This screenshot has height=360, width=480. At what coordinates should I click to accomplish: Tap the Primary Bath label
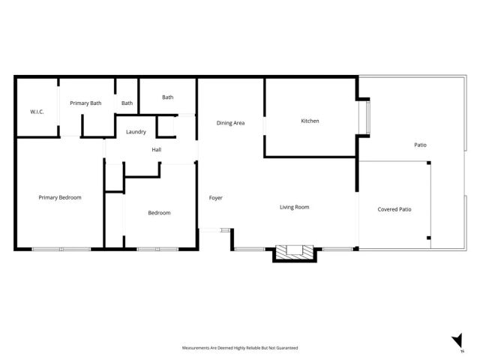(x=85, y=103)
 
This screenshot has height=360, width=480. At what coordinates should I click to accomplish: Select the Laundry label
(x=136, y=132)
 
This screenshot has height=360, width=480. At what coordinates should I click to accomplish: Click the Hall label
(x=156, y=150)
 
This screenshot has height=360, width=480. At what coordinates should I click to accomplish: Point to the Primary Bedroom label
(x=60, y=197)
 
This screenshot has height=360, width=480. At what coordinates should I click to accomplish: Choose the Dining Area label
(x=230, y=123)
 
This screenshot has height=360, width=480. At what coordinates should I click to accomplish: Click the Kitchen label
(x=310, y=121)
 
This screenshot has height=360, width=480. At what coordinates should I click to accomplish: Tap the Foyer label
(x=215, y=198)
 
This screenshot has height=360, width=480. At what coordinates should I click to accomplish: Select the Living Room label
(x=295, y=207)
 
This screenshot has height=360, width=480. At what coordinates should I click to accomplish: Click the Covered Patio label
(x=394, y=209)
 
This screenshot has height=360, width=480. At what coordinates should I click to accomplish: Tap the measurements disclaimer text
(x=240, y=348)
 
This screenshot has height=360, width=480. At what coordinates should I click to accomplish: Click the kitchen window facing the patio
(x=366, y=117)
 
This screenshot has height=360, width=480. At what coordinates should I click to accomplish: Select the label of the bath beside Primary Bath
(x=127, y=103)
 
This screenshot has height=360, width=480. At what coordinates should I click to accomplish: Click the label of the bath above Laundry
(x=167, y=97)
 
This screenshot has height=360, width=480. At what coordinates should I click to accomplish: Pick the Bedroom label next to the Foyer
(x=159, y=213)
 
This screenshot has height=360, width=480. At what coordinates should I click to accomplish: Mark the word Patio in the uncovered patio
(x=421, y=145)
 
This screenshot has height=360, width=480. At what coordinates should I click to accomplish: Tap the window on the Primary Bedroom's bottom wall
(x=60, y=248)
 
